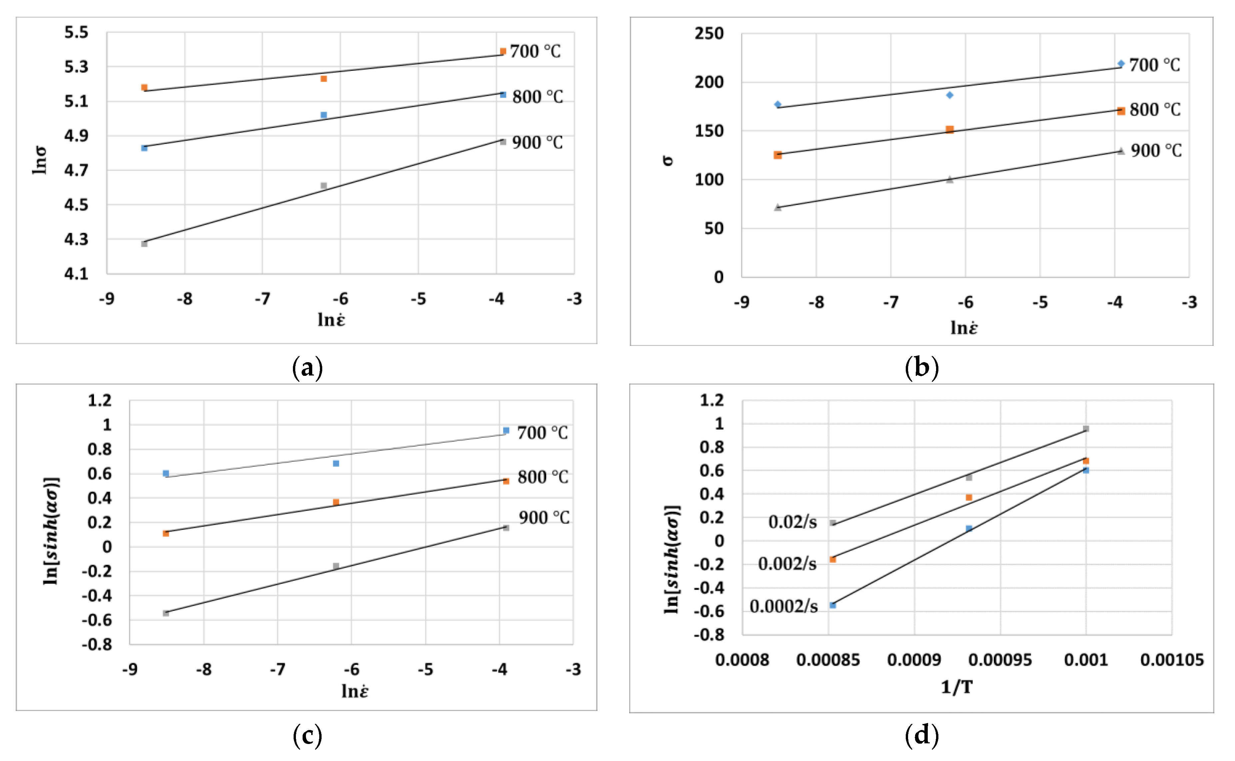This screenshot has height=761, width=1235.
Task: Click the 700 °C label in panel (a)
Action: (535, 51)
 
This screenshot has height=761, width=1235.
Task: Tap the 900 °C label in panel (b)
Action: (1156, 150)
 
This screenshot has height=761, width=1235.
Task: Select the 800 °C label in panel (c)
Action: (543, 477)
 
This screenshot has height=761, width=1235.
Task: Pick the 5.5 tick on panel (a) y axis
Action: (76, 32)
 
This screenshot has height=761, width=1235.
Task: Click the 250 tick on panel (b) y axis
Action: (709, 34)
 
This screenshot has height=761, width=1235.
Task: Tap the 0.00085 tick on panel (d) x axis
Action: (828, 660)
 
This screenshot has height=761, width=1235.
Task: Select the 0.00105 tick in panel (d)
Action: (1172, 660)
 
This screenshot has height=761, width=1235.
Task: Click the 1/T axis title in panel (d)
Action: (957, 687)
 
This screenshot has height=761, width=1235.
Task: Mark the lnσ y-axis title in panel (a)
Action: (39, 160)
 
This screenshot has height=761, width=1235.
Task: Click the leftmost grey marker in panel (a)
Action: (144, 243)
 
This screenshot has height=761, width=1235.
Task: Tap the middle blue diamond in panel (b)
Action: (949, 95)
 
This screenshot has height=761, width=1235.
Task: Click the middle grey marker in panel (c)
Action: (336, 566)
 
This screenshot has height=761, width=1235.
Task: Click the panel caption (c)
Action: (307, 736)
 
